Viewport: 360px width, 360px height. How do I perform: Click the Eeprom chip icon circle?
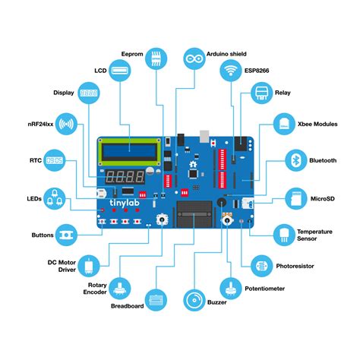156,58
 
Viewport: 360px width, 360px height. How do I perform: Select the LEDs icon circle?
54,198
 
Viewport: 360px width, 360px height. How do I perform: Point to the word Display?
63,93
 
